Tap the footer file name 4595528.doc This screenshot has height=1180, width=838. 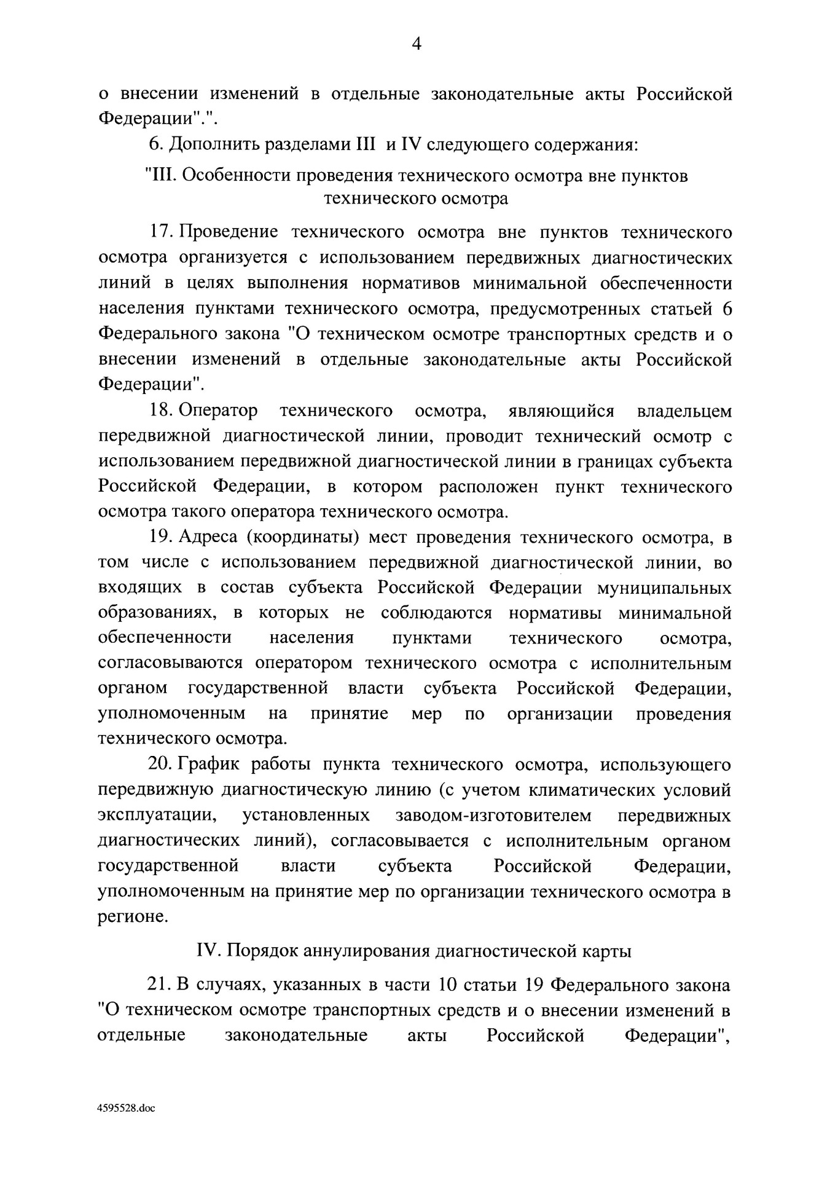click(x=127, y=1108)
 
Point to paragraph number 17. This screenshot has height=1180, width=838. click(x=162, y=232)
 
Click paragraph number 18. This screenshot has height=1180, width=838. click(x=162, y=410)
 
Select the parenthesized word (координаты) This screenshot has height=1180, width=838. click(x=303, y=537)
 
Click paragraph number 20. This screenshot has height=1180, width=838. click(x=162, y=765)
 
